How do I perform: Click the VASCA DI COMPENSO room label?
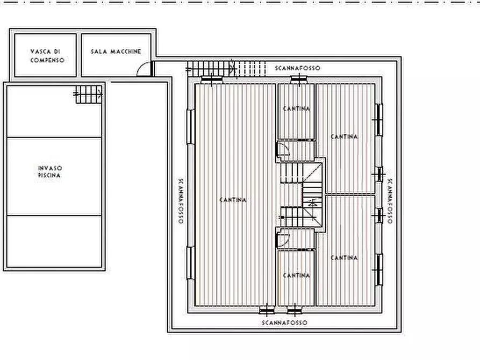pyautogui.click(x=47, y=56)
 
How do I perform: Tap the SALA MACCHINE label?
pyautogui.click(x=116, y=52)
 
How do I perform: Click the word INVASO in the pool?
pyautogui.click(x=50, y=168)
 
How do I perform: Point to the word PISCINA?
pyautogui.click(x=49, y=175)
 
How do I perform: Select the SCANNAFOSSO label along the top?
pyautogui.click(x=298, y=68)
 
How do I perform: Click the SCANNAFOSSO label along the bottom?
pyautogui.click(x=285, y=322)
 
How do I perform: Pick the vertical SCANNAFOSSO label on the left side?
pyautogui.click(x=181, y=201)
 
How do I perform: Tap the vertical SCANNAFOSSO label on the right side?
pyautogui.click(x=390, y=201)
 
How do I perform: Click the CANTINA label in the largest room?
pyautogui.click(x=233, y=200)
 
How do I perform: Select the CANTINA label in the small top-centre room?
pyautogui.click(x=296, y=109)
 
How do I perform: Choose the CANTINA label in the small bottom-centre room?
pyautogui.click(x=296, y=276)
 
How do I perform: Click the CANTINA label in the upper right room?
pyautogui.click(x=345, y=136)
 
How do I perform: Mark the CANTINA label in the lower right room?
pyautogui.click(x=345, y=258)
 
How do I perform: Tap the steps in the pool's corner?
pyautogui.click(x=89, y=94)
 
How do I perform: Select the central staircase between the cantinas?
pyautogui.click(x=302, y=195)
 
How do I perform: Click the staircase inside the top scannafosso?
pyautogui.click(x=226, y=69)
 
